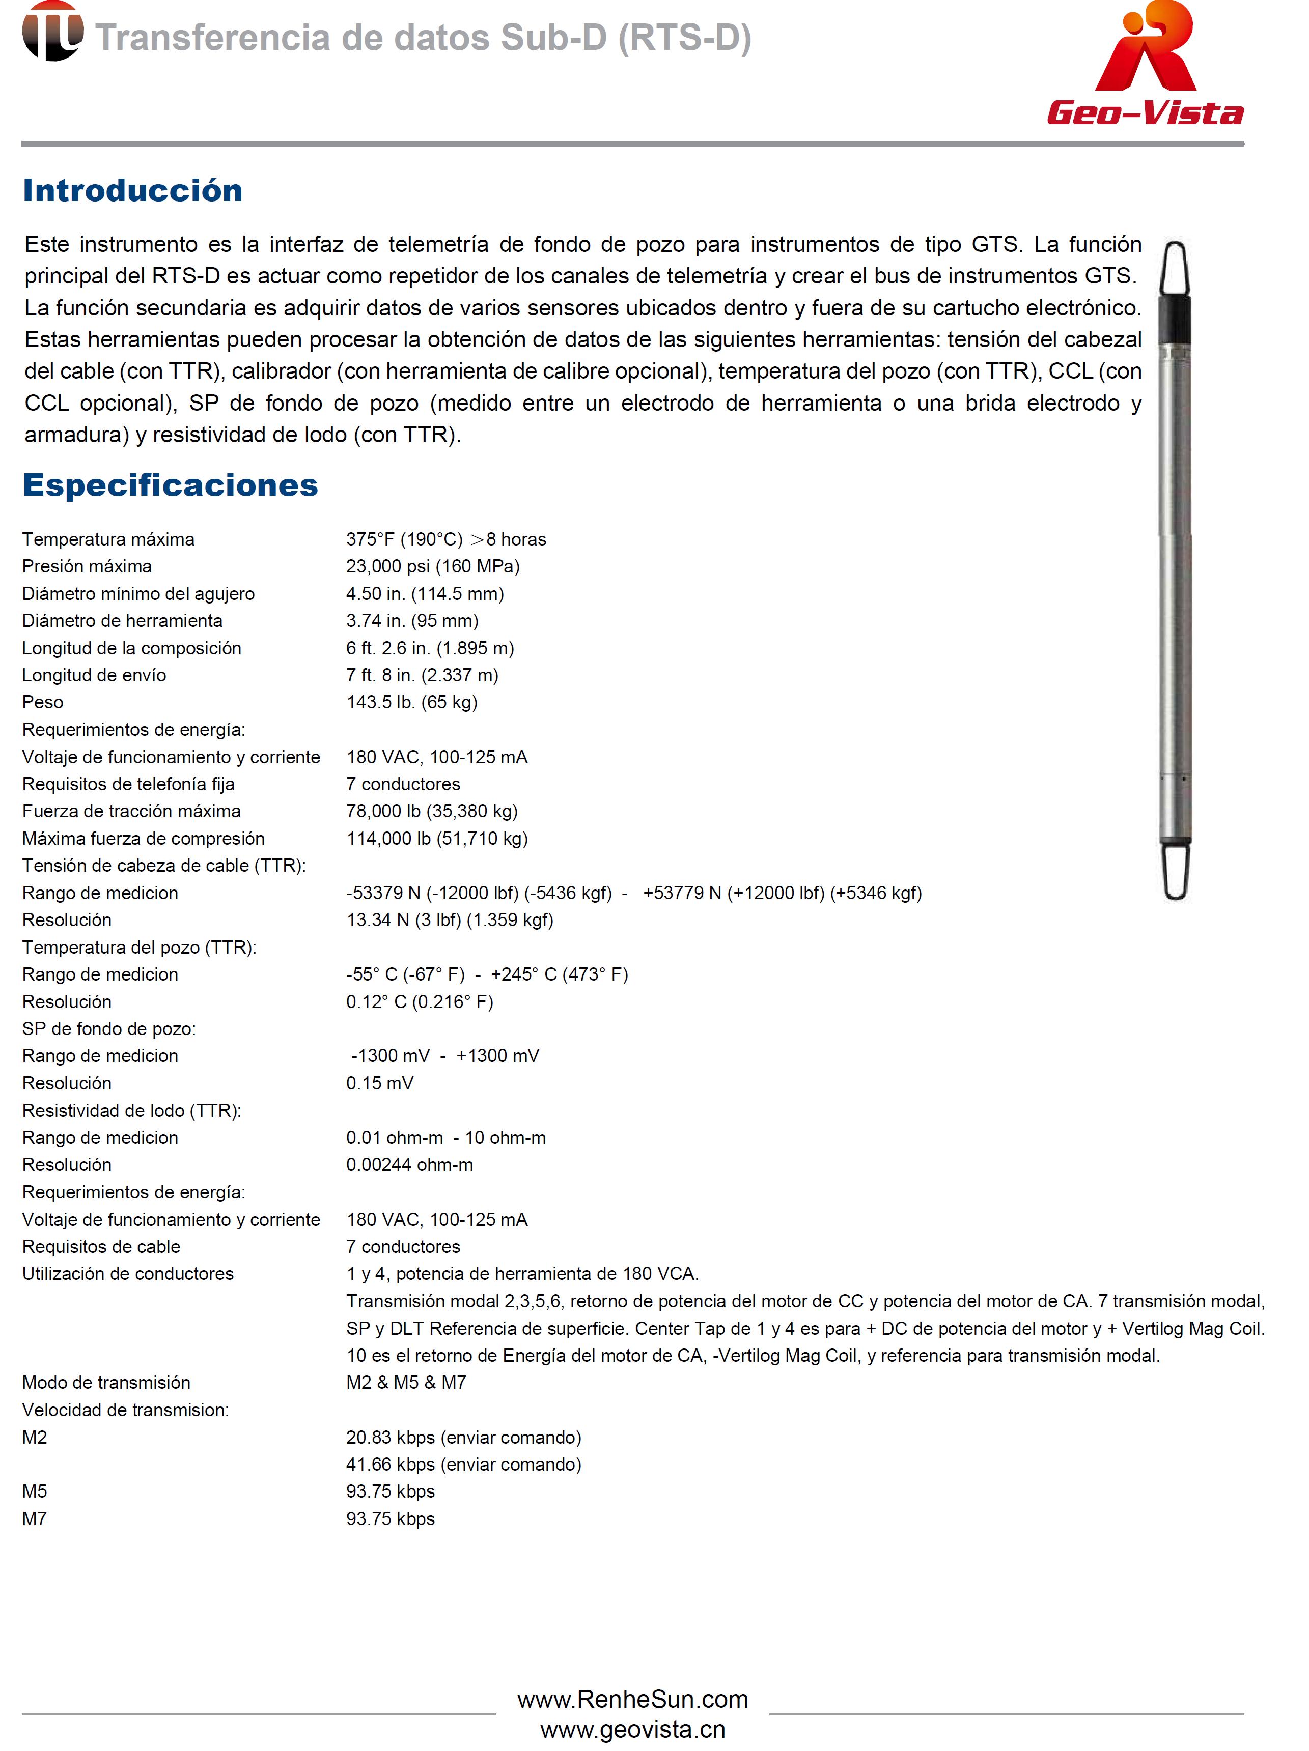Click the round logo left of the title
pyautogui.click(x=52, y=32)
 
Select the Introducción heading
pyautogui.click(x=132, y=191)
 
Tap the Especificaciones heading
pyautogui.click(x=170, y=485)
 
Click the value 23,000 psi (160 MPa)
pyautogui.click(x=432, y=566)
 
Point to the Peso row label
pyautogui.click(x=43, y=702)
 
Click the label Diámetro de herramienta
pyautogui.click(x=122, y=621)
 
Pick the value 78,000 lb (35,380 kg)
pyautogui.click(x=432, y=811)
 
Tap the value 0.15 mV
pyautogui.click(x=379, y=1083)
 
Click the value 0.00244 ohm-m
pyautogui.click(x=409, y=1164)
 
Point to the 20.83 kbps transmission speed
pyautogui.click(x=463, y=1437)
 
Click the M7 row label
pyautogui.click(x=34, y=1518)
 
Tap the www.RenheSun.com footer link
pyautogui.click(x=632, y=1700)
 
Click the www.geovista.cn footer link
pyautogui.click(x=632, y=1730)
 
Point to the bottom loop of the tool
pyautogui.click(x=1176, y=871)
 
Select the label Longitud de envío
pyautogui.click(x=94, y=675)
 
